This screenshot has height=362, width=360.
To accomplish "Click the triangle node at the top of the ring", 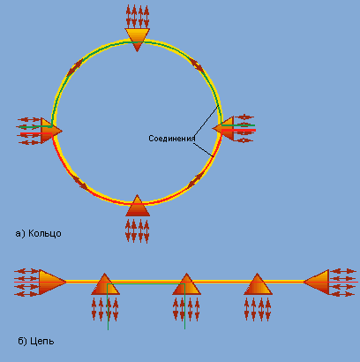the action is point(138,38).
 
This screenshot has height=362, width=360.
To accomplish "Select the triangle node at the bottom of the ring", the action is point(138,207).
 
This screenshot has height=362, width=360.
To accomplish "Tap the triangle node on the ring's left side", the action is point(50,131).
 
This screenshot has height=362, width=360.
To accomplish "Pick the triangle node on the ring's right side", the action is point(224,129).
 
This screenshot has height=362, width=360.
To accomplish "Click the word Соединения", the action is point(172,139).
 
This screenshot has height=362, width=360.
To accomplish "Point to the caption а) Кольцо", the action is point(38,233).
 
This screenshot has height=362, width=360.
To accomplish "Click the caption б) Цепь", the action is point(36,341).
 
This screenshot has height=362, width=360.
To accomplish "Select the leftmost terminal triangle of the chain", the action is point(51,282).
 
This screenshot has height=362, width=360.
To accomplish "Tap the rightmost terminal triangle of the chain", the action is point(317,282).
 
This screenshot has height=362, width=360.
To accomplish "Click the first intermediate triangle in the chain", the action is point(105,285).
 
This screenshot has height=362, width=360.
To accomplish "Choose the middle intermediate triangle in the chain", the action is point(186,285).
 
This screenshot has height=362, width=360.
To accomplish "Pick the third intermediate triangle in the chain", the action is point(258,285).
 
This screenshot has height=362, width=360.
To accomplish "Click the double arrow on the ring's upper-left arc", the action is point(75,67).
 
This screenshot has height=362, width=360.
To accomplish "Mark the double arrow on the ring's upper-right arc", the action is point(196,65).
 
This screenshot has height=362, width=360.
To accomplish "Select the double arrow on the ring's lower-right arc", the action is point(195,180).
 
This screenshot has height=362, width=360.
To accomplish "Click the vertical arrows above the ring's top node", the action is point(138,16).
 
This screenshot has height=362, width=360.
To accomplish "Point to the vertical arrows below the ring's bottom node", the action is point(138,230).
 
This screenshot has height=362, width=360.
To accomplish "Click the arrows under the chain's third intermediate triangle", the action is point(258,309).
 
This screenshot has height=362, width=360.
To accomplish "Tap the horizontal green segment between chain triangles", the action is point(146,283).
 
